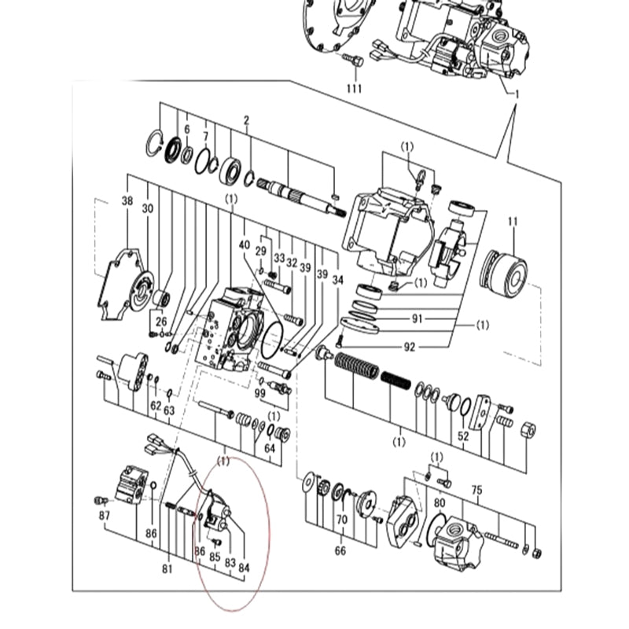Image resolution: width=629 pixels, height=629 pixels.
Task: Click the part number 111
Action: pos(355,88)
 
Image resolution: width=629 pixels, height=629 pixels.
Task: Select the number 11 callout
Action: pos(513,222)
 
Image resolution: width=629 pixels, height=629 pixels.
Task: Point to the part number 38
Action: pos(127,200)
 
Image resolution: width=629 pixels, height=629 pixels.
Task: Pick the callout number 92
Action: pos(409,347)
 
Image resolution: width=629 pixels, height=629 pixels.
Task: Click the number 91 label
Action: pos(417,318)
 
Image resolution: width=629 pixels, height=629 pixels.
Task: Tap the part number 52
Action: pos(463,436)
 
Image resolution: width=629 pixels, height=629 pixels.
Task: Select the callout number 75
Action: pos(476,490)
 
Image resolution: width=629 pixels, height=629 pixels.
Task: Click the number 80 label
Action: pos(440,503)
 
